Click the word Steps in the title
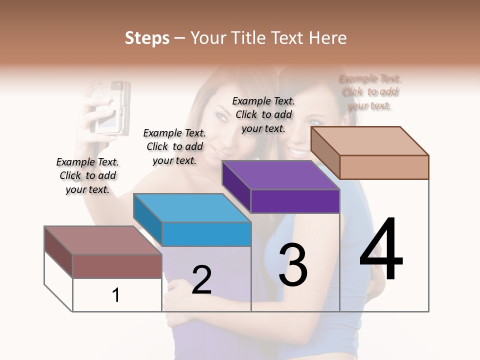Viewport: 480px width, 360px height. (x=147, y=38)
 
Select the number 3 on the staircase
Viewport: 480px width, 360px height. (x=292, y=265)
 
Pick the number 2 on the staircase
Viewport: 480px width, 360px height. (x=201, y=280)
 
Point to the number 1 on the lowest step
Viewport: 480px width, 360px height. (x=116, y=295)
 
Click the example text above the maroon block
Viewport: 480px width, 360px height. (x=87, y=175)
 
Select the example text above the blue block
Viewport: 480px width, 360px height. (x=174, y=146)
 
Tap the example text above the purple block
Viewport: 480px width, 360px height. (x=263, y=114)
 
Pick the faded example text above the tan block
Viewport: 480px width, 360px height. (x=369, y=92)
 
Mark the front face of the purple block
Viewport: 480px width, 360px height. (x=295, y=201)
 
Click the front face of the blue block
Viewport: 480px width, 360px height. (x=206, y=234)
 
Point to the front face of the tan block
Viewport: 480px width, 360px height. (x=384, y=167)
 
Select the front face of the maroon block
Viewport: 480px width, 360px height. (x=117, y=266)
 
